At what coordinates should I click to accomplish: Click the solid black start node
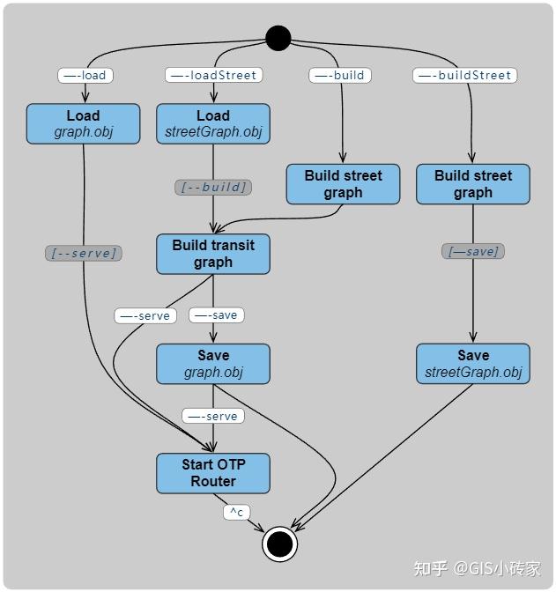pyautogui.click(x=278, y=38)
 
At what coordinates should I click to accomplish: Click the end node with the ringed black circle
pyautogui.click(x=279, y=544)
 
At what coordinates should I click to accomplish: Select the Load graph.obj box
pyautogui.click(x=83, y=123)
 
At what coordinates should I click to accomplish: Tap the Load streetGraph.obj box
pyautogui.click(x=213, y=123)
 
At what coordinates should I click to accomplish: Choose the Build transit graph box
pyautogui.click(x=213, y=254)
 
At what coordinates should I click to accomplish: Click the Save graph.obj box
pyautogui.click(x=213, y=363)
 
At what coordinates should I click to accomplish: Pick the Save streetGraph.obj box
pyautogui.click(x=473, y=363)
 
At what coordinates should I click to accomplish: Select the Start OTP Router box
pyautogui.click(x=213, y=473)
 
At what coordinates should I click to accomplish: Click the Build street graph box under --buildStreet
pyautogui.click(x=473, y=184)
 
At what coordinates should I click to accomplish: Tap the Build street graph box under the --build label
pyautogui.click(x=343, y=184)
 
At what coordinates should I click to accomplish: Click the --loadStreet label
pyautogui.click(x=213, y=75)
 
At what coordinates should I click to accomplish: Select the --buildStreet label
pyautogui.click(x=464, y=75)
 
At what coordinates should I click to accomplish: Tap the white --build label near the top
pyautogui.click(x=339, y=75)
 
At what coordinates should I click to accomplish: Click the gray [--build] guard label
pyautogui.click(x=213, y=187)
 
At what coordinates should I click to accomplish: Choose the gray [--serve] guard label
pyautogui.click(x=83, y=253)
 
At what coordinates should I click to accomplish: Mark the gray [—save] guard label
pyautogui.click(x=473, y=251)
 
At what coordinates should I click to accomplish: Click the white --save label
pyautogui.click(x=217, y=314)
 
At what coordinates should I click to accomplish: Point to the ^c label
pyautogui.click(x=236, y=512)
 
